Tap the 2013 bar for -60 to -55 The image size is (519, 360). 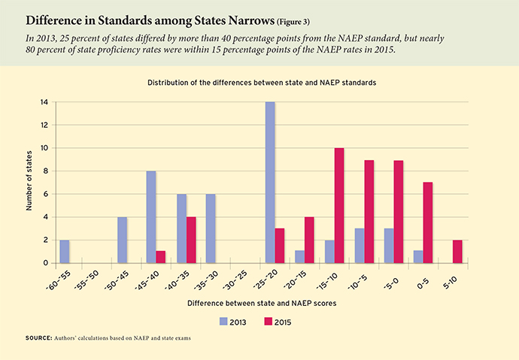(x=64, y=251)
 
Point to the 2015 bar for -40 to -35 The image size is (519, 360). (x=192, y=240)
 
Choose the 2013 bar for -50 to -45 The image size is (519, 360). (x=123, y=240)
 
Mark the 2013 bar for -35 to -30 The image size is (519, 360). (x=211, y=228)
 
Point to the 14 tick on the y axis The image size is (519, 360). (x=45, y=101)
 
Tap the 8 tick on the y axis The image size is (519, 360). (x=47, y=171)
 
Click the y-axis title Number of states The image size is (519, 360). (x=30, y=182)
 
